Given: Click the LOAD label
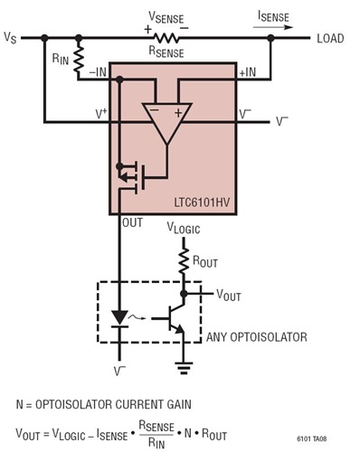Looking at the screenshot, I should click(332, 38).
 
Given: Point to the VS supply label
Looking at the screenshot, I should click(10, 39).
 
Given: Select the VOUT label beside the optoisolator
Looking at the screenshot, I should click(232, 294).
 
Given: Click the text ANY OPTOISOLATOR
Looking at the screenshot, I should click(256, 336).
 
